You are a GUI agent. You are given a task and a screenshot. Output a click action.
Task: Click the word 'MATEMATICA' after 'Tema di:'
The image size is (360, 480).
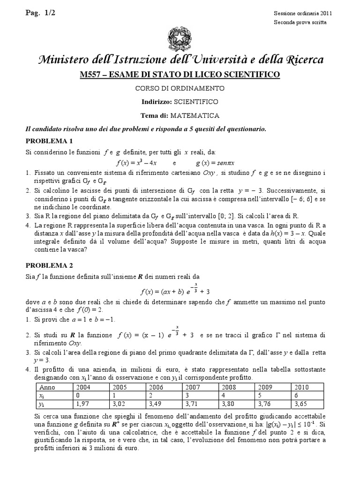point(195,115)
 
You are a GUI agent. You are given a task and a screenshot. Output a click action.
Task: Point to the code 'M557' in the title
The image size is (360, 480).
point(92,75)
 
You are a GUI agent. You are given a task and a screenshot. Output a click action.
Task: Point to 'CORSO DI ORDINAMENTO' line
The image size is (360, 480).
point(180,88)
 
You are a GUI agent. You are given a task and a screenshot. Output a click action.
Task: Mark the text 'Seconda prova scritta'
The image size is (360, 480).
point(300,22)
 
